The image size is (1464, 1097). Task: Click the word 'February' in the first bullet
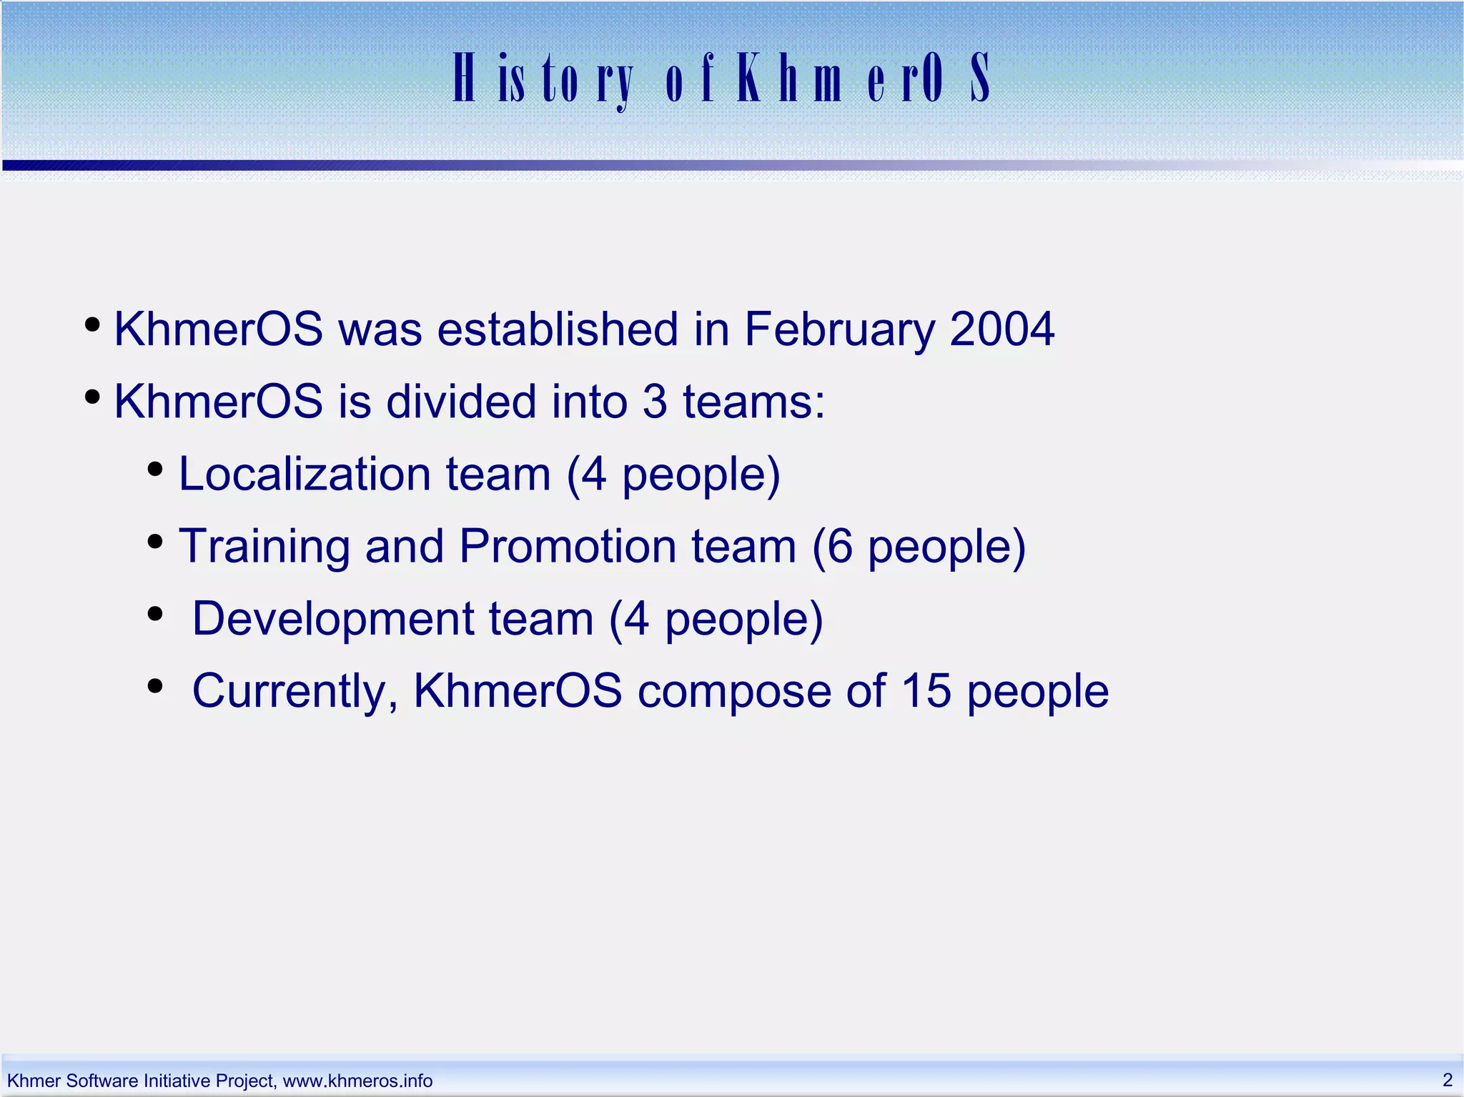839,329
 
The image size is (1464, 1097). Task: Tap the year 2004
1001,329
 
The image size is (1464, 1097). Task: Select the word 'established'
557,329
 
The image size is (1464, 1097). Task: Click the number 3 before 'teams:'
655,402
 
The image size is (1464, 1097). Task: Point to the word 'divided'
461,402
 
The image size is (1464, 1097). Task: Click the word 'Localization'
304,474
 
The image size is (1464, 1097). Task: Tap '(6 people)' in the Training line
919,547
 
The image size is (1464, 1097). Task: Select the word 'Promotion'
567,547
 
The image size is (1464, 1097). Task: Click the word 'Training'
264,547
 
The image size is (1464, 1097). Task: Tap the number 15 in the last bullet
926,691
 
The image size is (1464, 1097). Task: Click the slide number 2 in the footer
1447,1079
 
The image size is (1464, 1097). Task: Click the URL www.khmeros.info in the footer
357,1081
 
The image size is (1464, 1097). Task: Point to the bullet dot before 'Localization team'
155,470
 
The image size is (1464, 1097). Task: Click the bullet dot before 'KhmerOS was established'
91,326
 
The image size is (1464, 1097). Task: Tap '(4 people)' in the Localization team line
673,475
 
